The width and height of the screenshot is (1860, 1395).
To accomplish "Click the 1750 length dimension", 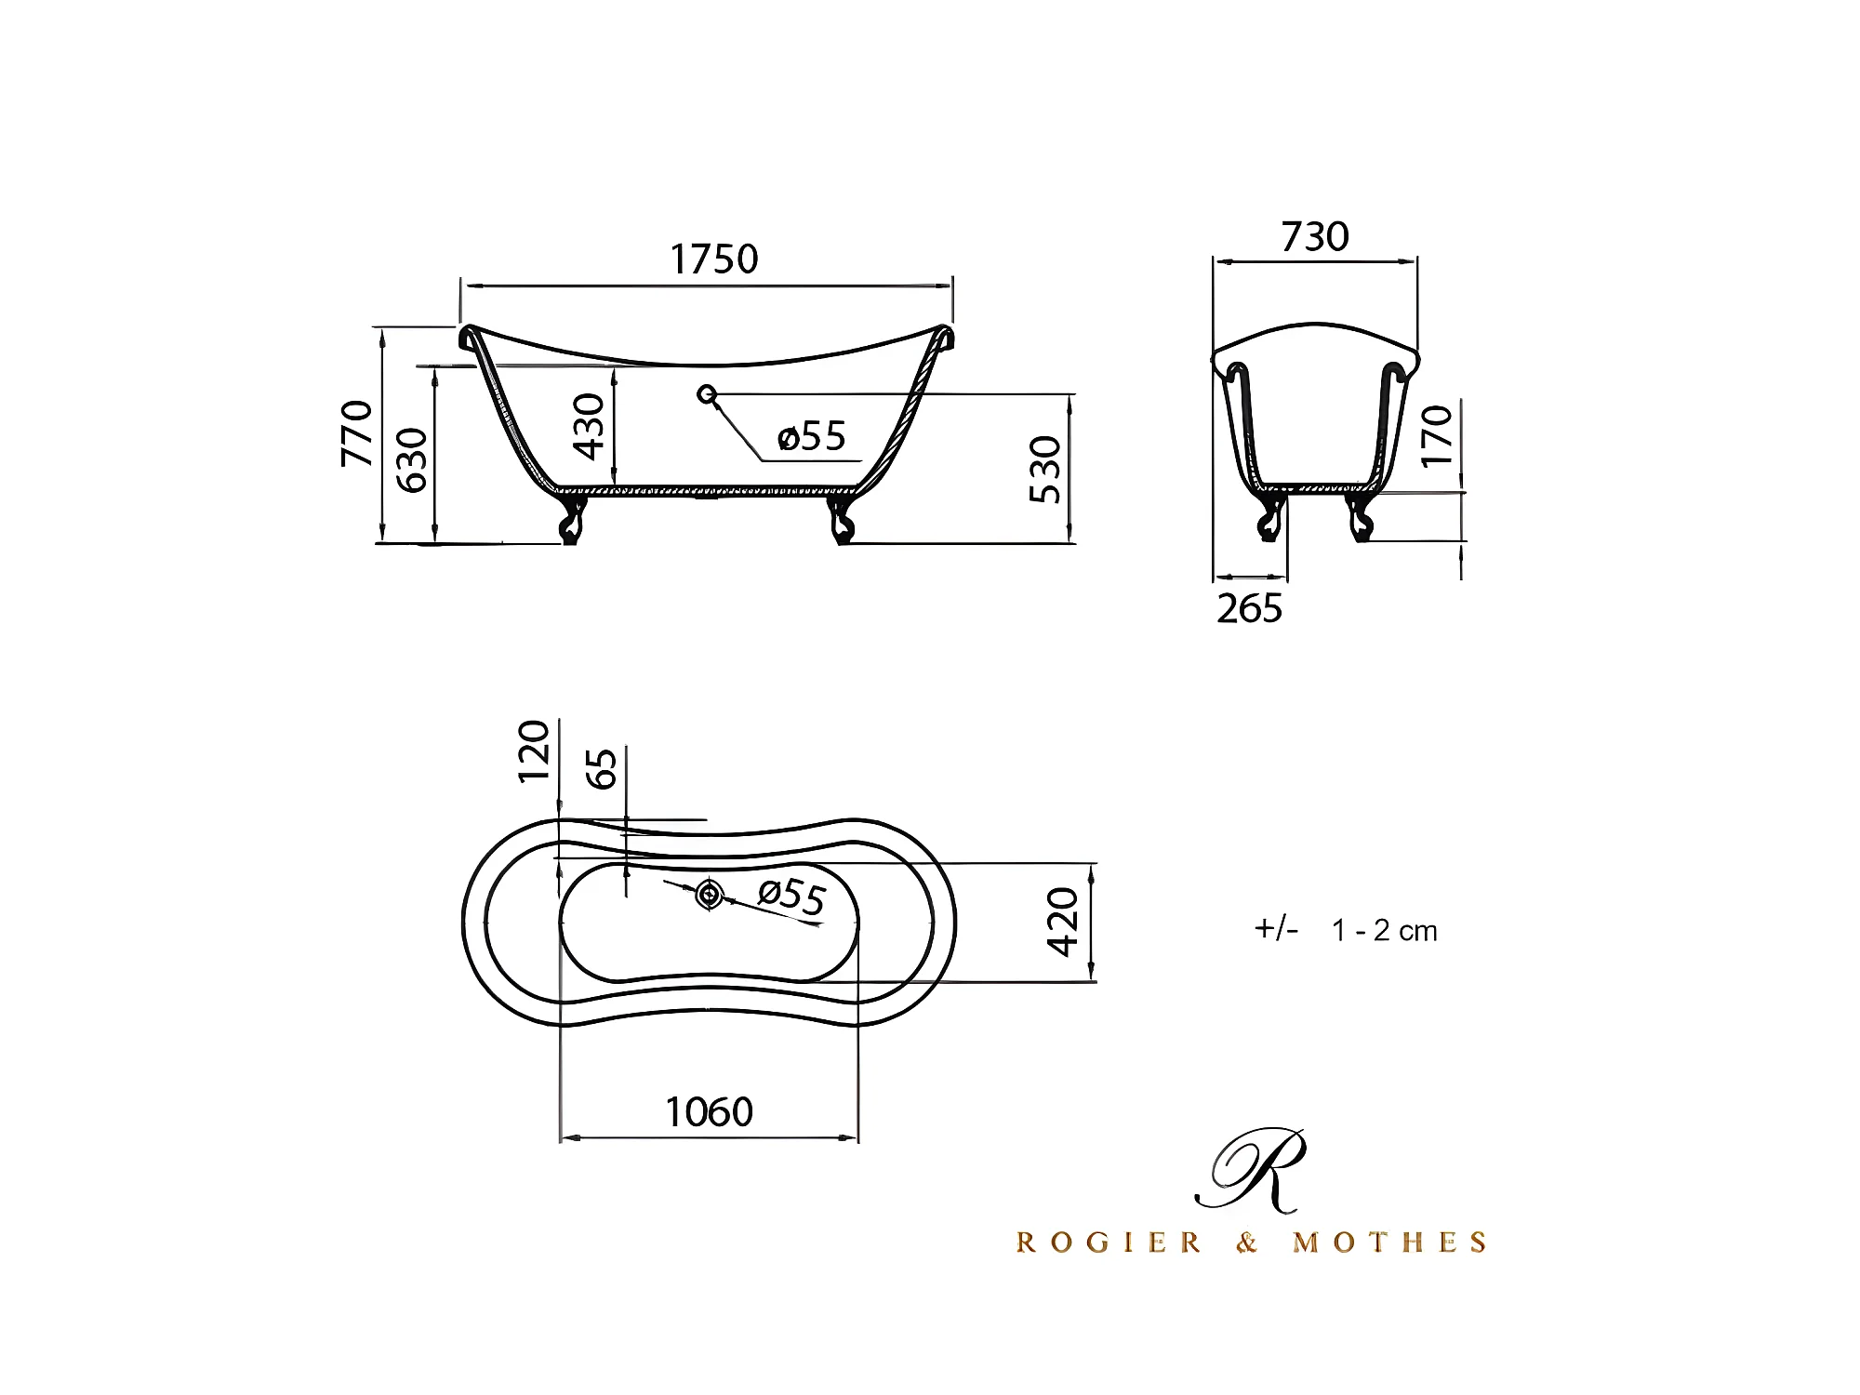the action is tap(714, 259).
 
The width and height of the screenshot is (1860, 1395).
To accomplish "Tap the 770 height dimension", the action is tap(357, 433).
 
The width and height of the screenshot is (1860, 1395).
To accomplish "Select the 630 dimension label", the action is tap(412, 459).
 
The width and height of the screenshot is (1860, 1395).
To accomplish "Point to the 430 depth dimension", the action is tap(590, 427).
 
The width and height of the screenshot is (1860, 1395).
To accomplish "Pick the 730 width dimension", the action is tap(1315, 237).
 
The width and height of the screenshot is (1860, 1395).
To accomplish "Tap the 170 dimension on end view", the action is tap(1437, 435).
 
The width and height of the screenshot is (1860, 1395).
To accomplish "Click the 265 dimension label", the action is tap(1249, 608).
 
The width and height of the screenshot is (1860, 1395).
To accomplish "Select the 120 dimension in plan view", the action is tap(535, 751).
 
